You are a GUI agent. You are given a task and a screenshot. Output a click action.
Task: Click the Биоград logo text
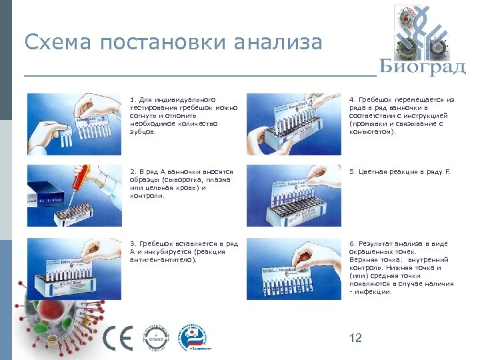point(423,67)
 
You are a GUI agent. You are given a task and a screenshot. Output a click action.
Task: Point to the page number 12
point(355,339)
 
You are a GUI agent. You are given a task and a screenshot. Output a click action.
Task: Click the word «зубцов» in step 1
point(141,132)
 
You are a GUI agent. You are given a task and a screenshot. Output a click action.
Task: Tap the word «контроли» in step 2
point(145,196)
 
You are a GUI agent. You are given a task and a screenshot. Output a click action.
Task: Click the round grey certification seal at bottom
point(157,337)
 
